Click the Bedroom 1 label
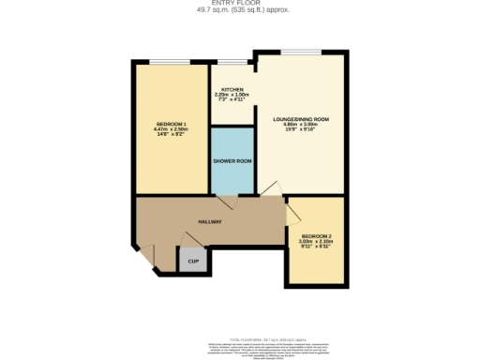coord(170,124)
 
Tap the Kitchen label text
coord(232,90)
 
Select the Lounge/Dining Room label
coord(301,119)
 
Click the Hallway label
coord(209,221)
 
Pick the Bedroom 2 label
coord(316,235)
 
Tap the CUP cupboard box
coord(192,262)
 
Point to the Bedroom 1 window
coord(170,62)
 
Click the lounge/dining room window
coord(301,52)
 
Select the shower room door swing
coord(226,201)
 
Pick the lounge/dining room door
coord(269,191)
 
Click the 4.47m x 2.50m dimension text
coord(170,131)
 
